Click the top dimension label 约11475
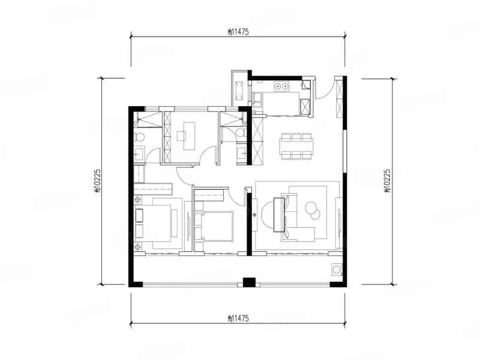[x=238, y=32]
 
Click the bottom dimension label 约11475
[x=238, y=319]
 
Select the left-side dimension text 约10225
[x=97, y=181]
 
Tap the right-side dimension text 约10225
[x=387, y=181]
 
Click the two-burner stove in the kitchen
[x=281, y=86]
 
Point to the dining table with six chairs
[x=296, y=146]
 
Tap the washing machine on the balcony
[x=337, y=269]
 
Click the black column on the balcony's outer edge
[x=249, y=282]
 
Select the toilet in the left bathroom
[x=139, y=137]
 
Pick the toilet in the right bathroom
[x=241, y=133]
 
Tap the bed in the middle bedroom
[x=214, y=226]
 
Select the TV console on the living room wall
[x=339, y=223]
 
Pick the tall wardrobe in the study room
[x=168, y=137]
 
